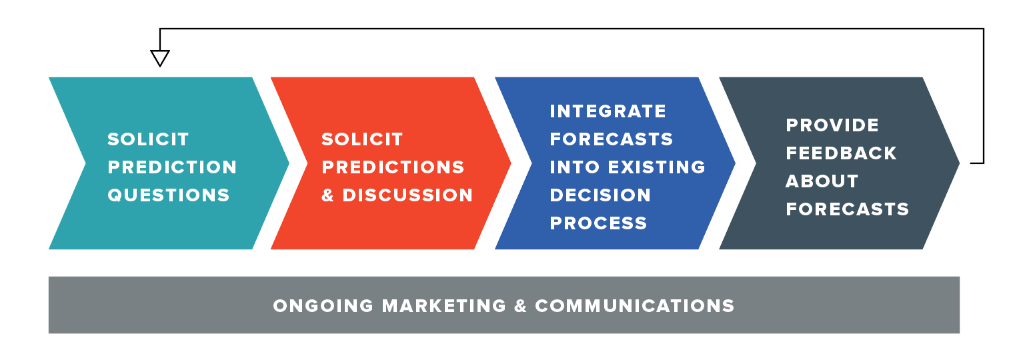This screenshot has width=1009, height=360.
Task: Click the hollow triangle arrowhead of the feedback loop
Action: pos(160,58)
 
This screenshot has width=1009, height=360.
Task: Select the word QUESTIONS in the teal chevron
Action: pos(169,195)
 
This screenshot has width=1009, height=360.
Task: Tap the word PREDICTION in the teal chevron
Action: pos(172,167)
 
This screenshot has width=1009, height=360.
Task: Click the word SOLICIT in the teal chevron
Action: pos(148,139)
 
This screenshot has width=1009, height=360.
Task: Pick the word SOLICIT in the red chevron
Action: pos(362,139)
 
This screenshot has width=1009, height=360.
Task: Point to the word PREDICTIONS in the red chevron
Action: pos(393,167)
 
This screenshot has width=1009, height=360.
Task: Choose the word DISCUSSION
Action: pos(407,195)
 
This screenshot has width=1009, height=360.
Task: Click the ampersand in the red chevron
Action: pos(328,195)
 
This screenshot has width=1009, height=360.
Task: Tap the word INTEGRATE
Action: pos(608,111)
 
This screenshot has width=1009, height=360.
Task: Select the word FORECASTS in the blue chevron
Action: pos(612,139)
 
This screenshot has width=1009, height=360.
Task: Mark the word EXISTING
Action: pos(657,167)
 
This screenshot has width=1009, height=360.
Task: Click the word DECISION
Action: pos(600,195)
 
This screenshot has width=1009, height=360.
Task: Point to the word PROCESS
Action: pos(598,223)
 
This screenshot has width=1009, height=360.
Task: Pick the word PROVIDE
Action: pos(832,125)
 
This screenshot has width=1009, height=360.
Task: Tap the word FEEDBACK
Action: pos(842,153)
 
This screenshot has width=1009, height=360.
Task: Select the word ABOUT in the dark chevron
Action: pos(822,181)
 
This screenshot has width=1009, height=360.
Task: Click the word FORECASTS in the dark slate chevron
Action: pos(848,209)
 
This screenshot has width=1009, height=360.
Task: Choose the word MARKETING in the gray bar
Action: pos(444,306)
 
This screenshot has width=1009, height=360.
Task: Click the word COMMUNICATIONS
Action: pos(635,306)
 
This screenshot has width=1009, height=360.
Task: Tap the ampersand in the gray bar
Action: pos(521,306)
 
